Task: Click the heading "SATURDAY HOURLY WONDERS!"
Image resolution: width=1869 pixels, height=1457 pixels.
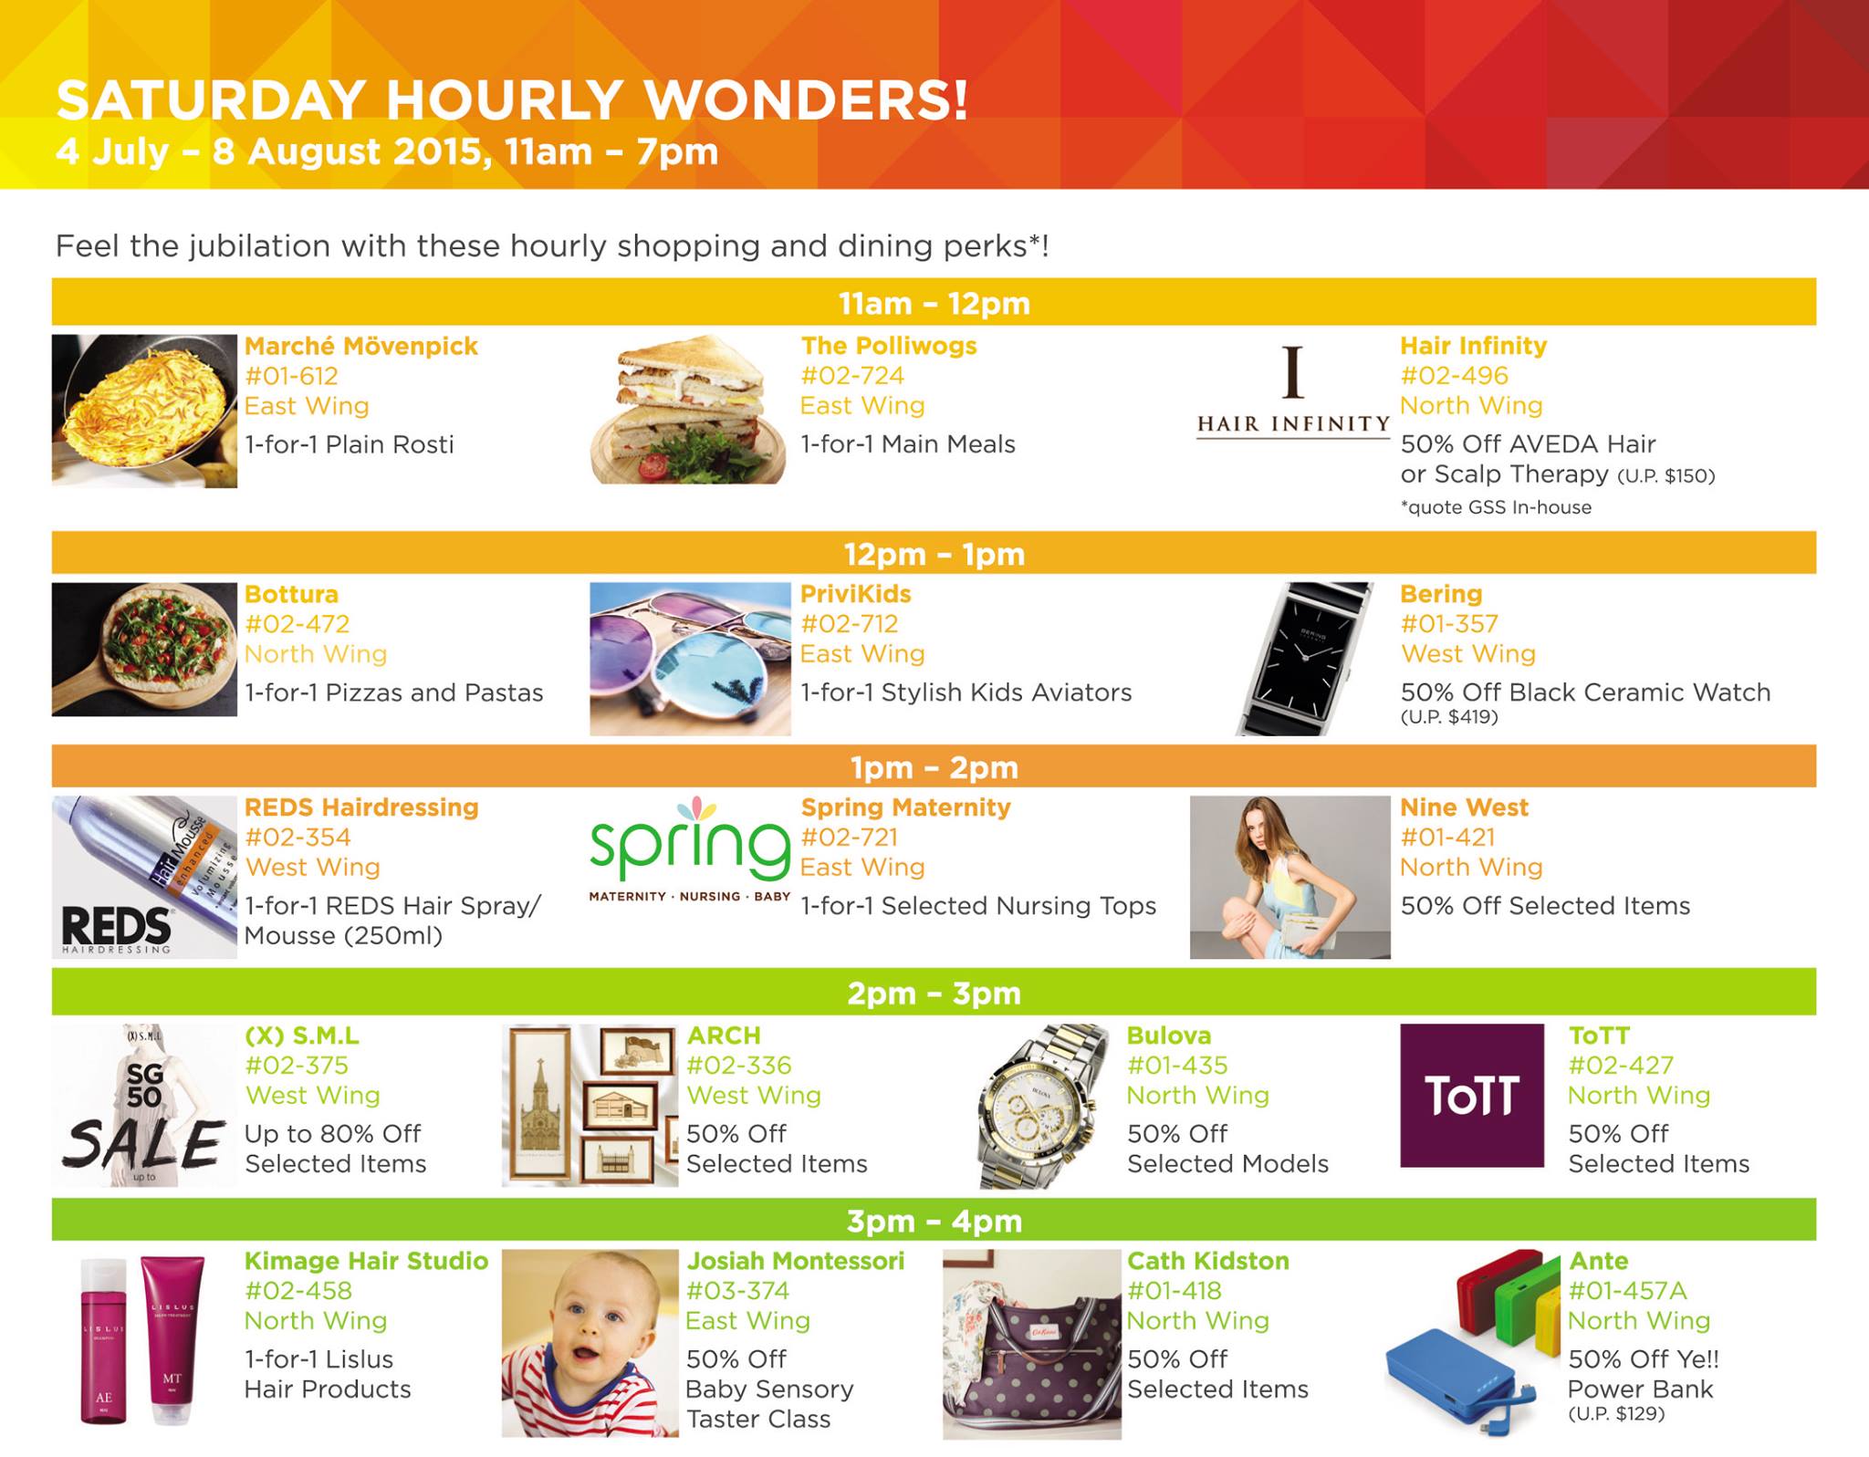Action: pos(512,100)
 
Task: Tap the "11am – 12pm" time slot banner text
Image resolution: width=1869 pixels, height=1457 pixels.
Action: pos(934,303)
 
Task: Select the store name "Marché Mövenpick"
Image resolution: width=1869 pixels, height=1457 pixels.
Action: pos(361,346)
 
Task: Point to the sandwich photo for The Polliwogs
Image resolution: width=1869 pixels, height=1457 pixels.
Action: pos(689,409)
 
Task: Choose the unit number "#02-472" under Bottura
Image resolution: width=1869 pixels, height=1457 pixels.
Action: pos(298,624)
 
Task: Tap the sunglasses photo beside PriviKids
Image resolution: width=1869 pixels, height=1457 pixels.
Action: pos(690,659)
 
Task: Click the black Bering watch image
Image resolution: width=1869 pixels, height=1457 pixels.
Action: pos(1304,659)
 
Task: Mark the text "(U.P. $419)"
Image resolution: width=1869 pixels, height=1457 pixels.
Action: pos(1449,718)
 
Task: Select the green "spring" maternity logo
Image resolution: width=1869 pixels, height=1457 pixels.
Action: pos(690,848)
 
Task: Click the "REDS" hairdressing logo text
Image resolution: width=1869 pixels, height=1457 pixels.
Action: pos(116,927)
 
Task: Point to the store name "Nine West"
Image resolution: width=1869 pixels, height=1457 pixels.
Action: pos(1464,807)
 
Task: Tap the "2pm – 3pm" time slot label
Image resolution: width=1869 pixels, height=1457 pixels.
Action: pos(934,993)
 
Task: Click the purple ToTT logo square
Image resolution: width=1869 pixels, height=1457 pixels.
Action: pos(1472,1095)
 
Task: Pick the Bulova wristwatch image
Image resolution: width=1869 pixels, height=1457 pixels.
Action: pos(1045,1106)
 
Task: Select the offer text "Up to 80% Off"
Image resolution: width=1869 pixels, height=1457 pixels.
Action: pos(332,1134)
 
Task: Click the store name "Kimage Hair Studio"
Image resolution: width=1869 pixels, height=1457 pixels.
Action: pos(366,1261)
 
